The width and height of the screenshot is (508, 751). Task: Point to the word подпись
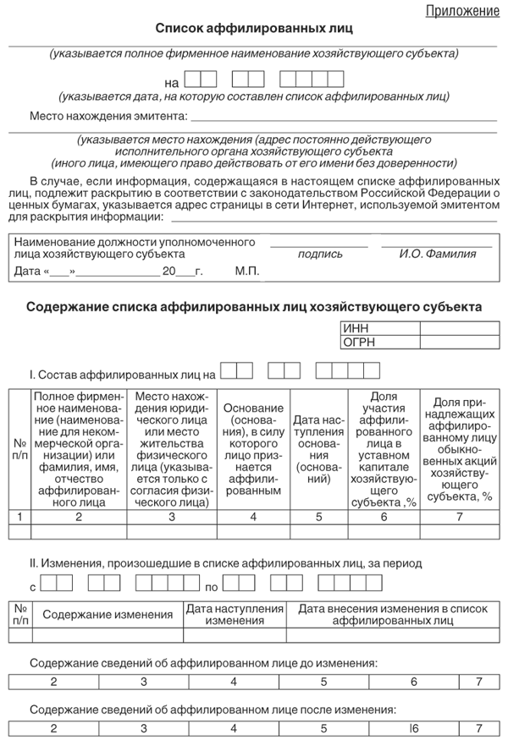(x=320, y=254)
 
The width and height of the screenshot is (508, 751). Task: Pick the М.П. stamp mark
(x=247, y=271)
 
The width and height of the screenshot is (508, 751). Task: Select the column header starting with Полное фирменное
(x=79, y=448)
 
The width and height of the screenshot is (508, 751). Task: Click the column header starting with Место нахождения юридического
(x=172, y=448)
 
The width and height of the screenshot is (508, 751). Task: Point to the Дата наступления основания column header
(x=317, y=448)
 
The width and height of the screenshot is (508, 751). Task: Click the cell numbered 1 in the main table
(x=19, y=516)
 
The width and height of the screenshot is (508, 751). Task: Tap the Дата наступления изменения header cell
(x=235, y=615)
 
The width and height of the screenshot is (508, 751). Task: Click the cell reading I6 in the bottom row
(x=414, y=727)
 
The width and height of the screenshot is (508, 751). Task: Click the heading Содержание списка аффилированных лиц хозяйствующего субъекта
(x=254, y=307)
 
